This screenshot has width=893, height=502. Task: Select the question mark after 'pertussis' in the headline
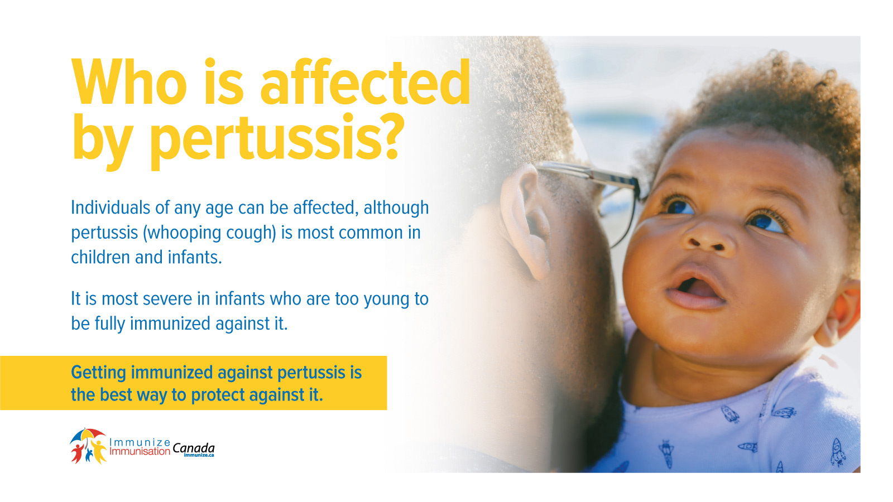pyautogui.click(x=387, y=136)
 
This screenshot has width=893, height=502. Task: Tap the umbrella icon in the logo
pyautogui.click(x=88, y=436)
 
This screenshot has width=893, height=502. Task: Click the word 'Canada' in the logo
pyautogui.click(x=193, y=449)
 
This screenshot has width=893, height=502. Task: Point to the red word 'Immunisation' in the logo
pyautogui.click(x=140, y=451)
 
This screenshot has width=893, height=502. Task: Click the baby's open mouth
pyautogui.click(x=695, y=288)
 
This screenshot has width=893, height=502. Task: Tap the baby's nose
pyautogui.click(x=709, y=238)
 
